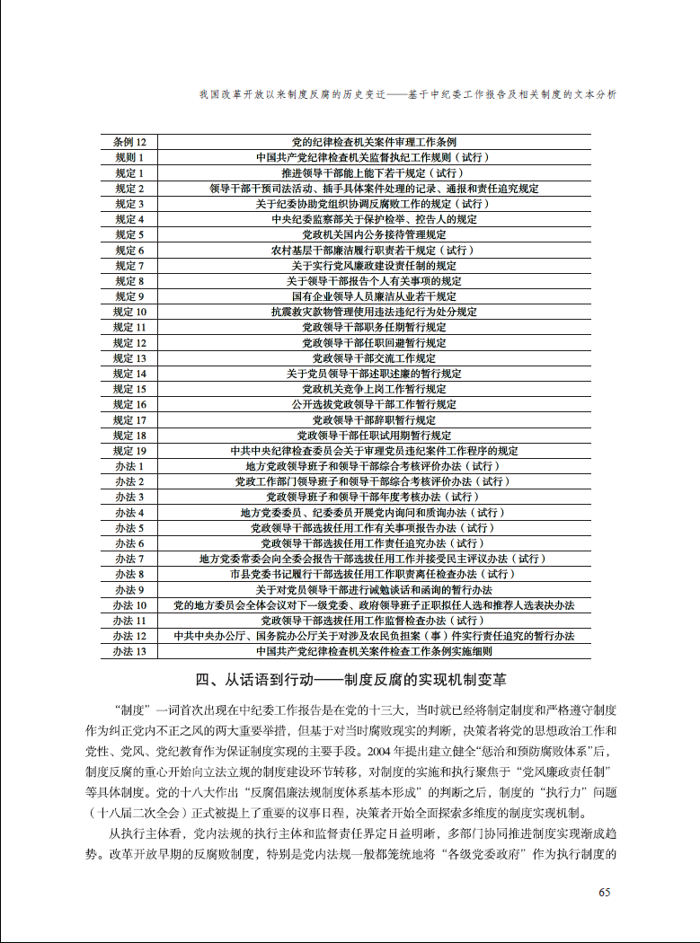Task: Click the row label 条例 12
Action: pos(129,142)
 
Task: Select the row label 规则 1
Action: pos(129,157)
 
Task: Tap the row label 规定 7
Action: pos(129,266)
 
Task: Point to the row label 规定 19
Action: pos(129,451)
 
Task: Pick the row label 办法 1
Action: pos(129,466)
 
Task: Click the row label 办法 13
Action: pos(129,651)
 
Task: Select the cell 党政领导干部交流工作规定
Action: pos(374,358)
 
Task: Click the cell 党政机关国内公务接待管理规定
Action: pos(374,234)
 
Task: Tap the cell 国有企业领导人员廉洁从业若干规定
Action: pos(374,296)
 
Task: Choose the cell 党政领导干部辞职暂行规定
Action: pos(374,420)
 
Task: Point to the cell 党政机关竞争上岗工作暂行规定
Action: pos(374,389)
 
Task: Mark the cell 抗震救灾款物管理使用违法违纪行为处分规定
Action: pos(374,312)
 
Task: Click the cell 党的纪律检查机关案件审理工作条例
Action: pos(374,142)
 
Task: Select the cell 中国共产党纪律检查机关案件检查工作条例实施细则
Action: pos(374,651)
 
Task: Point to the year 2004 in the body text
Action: pos(372,750)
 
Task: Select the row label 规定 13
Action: pos(129,358)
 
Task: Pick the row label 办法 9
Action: pos(129,590)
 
